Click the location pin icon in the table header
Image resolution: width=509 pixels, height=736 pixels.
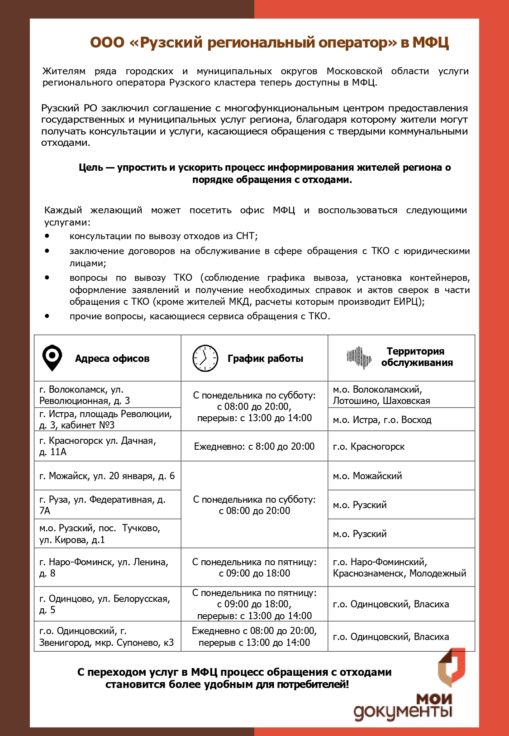tap(52, 358)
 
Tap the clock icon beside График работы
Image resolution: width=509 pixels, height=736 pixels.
tap(205, 358)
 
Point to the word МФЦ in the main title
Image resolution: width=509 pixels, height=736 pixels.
tap(430, 43)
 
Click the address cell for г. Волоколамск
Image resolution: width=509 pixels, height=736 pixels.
tap(107, 395)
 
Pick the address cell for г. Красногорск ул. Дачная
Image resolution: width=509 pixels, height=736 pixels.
tap(107, 446)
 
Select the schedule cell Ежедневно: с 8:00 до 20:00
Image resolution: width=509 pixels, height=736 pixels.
tap(254, 447)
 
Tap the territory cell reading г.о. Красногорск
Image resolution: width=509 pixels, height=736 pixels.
tap(401, 447)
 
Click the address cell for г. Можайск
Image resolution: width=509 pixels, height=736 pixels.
tap(107, 476)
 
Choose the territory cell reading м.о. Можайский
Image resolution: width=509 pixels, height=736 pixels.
tap(401, 476)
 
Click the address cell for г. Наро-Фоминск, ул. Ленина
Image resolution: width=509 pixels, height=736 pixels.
tap(107, 568)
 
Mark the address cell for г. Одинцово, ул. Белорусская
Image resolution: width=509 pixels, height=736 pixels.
tap(107, 604)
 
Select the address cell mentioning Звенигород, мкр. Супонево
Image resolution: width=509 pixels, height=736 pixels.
tap(107, 636)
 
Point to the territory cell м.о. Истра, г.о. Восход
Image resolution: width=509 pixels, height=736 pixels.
tap(401, 420)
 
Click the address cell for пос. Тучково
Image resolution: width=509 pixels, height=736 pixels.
tap(107, 534)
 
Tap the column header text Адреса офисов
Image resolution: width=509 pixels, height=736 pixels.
tap(112, 359)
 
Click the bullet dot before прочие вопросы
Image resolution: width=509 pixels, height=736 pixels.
tap(47, 316)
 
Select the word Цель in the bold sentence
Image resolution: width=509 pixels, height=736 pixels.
tap(91, 168)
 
